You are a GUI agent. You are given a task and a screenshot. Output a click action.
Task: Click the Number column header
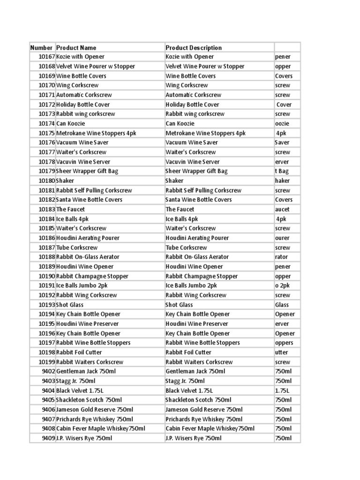[41, 47]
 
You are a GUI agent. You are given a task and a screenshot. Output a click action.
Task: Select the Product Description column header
[194, 47]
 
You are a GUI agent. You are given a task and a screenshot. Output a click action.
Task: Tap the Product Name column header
[76, 47]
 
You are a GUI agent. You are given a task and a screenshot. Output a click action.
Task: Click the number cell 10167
[46, 57]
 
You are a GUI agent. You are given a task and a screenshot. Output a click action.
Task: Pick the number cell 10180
[46, 180]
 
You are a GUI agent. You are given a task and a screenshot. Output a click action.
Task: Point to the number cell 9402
[48, 371]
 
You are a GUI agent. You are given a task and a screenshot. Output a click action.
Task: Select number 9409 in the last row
[48, 438]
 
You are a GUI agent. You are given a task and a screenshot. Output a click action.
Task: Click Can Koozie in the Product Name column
[70, 123]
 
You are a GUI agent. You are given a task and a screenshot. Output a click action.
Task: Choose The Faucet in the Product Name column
[70, 209]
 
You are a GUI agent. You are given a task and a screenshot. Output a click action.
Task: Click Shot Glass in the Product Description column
[179, 305]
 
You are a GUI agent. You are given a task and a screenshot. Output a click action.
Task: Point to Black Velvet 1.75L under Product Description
[189, 390]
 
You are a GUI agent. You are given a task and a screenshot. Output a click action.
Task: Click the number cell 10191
[46, 285]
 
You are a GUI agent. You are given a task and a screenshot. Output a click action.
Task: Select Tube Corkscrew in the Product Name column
[77, 247]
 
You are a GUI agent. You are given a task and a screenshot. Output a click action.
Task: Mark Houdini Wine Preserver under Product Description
[197, 323]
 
